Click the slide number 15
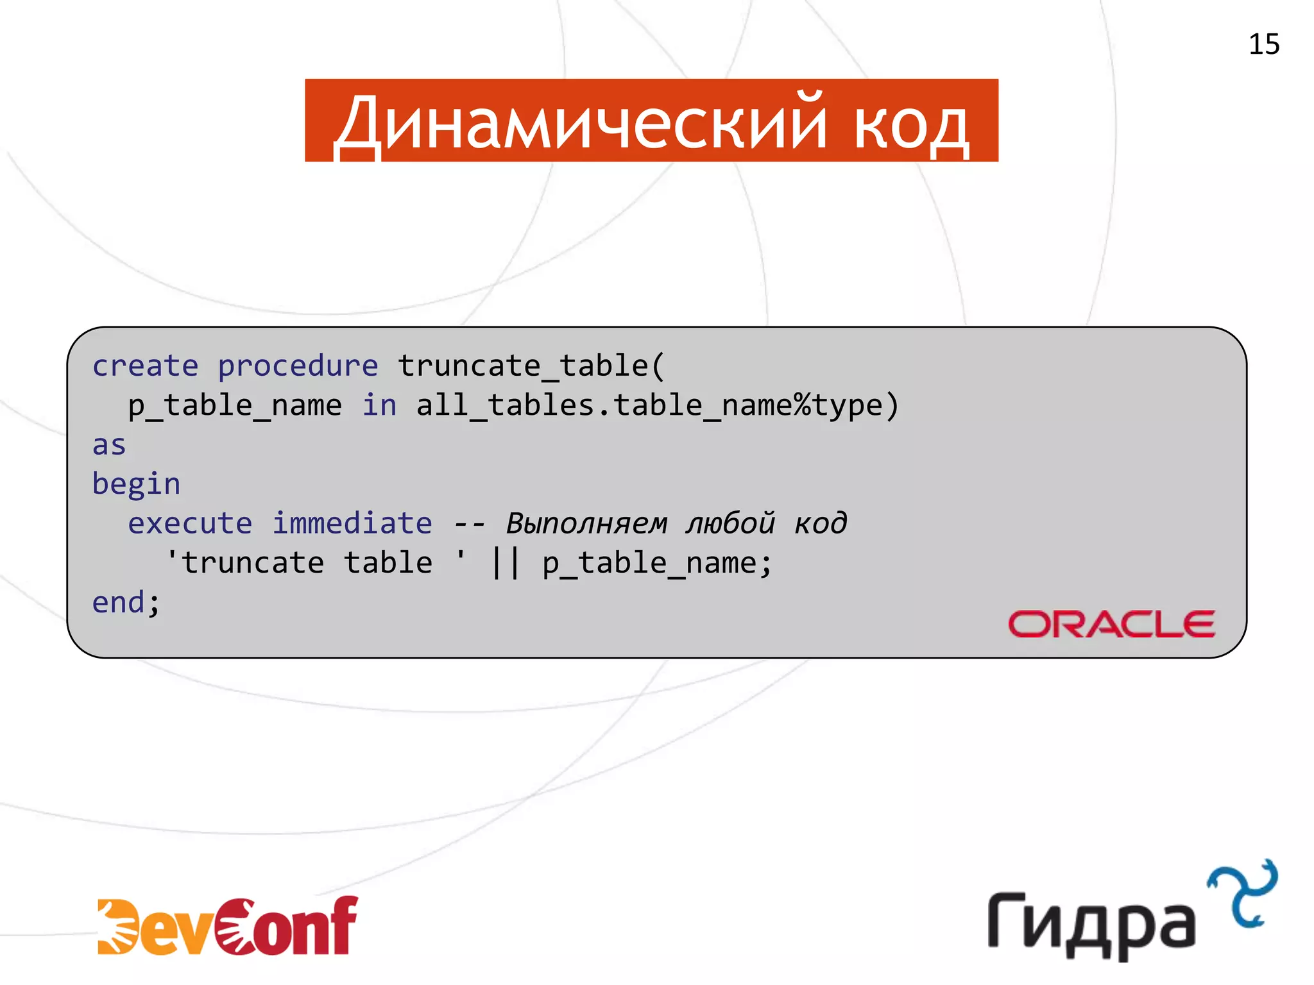(1263, 45)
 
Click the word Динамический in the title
(581, 123)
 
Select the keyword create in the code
(145, 366)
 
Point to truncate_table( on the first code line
(531, 366)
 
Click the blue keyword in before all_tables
(379, 405)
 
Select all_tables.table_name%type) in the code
(657, 406)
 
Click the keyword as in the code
(109, 445)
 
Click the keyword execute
(190, 523)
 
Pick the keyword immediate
(352, 523)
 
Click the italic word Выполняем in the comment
(586, 523)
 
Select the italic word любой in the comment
(730, 523)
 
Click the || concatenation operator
(505, 563)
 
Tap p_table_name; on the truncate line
(657, 564)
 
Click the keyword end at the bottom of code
(118, 603)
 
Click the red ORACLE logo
(1111, 624)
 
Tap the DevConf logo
(228, 926)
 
